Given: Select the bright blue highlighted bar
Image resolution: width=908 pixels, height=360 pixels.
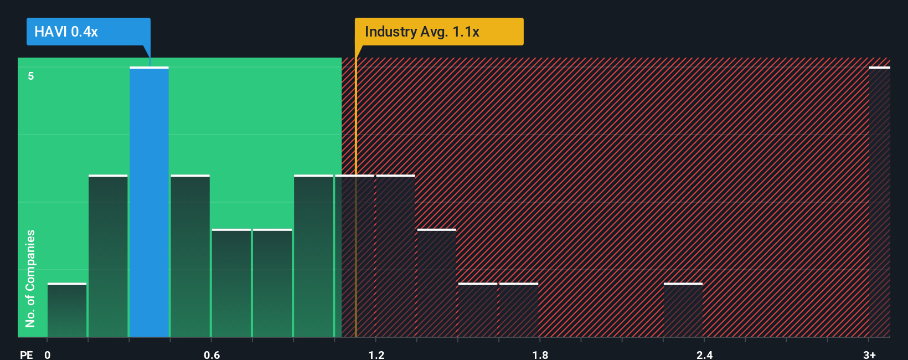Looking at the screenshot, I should (149, 202).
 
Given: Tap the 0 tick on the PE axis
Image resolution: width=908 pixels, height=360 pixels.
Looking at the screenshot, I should (48, 354).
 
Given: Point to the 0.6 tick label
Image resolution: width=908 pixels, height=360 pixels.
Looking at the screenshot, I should (211, 354).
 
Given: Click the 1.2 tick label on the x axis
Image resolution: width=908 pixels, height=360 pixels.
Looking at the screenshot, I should (376, 354).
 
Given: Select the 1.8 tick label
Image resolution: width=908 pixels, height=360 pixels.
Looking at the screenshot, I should (540, 354).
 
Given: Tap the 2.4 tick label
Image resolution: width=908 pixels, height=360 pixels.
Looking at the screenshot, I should (704, 354).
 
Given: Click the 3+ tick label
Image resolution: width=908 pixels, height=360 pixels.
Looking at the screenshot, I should (869, 354).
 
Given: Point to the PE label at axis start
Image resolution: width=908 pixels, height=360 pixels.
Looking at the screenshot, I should (26, 354).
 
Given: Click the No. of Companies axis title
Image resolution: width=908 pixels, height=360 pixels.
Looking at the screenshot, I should (30, 278).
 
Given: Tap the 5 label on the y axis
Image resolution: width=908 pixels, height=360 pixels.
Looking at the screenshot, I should (31, 76).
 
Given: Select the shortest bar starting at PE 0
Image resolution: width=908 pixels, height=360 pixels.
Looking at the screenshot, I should (67, 310).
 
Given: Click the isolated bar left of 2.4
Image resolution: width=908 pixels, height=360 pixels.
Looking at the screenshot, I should (683, 310).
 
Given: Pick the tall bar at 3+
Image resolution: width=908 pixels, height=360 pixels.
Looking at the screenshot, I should (879, 202).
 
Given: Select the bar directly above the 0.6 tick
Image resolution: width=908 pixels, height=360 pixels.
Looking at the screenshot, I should (231, 282).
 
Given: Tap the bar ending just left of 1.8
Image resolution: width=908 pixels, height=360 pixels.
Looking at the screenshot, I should (519, 310).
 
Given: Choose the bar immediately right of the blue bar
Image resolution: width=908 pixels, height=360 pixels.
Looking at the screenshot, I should (190, 256).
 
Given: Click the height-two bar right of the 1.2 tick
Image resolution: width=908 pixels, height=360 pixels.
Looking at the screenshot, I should (437, 282).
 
